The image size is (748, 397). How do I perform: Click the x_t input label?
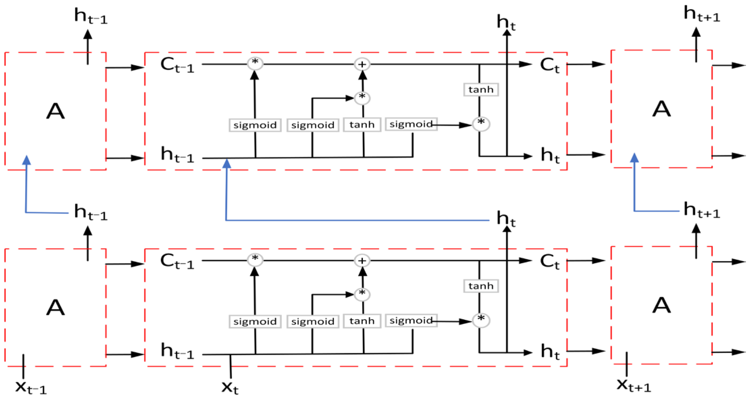click(x=230, y=387)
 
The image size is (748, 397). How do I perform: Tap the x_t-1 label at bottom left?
click(x=30, y=387)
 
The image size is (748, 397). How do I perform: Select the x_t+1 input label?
click(x=633, y=386)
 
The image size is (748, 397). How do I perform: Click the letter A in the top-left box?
click(x=55, y=111)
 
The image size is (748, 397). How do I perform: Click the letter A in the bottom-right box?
click(x=661, y=306)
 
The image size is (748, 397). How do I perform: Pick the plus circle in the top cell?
click(x=362, y=64)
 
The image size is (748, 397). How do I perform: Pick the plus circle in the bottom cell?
click(x=362, y=261)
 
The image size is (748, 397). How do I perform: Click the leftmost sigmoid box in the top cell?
click(x=255, y=125)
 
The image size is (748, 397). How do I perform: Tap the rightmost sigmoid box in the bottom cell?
click(x=411, y=320)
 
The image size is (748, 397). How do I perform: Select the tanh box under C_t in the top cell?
click(x=481, y=90)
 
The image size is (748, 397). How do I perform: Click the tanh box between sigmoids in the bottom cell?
click(x=362, y=321)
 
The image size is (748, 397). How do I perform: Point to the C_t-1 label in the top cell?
click(x=177, y=65)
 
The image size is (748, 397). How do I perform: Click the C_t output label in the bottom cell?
click(x=549, y=262)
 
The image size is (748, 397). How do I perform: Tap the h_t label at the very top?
click(x=506, y=22)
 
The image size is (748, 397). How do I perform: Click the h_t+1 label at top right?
click(x=702, y=14)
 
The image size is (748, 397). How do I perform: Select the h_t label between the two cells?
click(x=506, y=219)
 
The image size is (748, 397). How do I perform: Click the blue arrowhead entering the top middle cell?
click(x=227, y=164)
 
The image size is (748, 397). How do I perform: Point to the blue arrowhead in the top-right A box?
click(x=634, y=158)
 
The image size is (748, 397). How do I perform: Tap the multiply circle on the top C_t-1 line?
click(x=255, y=63)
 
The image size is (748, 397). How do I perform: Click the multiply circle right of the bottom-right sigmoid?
click(x=481, y=320)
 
